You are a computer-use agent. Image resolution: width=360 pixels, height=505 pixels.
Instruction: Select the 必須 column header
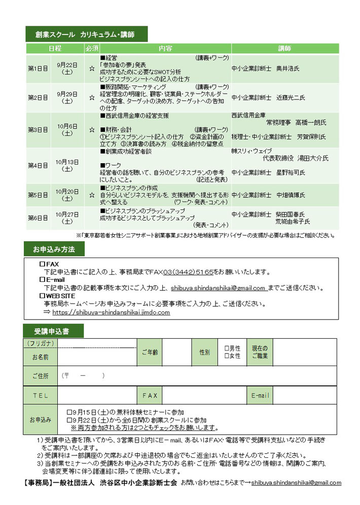(x=92, y=49)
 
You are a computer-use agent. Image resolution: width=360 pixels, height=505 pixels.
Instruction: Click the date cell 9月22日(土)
(x=67, y=68)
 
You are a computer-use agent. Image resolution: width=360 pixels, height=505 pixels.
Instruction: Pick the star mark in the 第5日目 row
(x=92, y=194)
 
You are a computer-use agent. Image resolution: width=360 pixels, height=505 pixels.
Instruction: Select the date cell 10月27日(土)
(x=67, y=218)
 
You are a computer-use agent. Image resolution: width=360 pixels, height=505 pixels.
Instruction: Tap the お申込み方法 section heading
(x=54, y=249)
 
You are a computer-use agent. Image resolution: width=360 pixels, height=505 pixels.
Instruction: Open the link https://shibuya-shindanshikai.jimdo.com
(x=111, y=313)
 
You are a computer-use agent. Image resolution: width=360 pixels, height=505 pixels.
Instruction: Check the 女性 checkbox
(x=227, y=356)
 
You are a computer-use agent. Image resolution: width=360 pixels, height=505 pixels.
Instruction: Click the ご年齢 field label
(x=150, y=352)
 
